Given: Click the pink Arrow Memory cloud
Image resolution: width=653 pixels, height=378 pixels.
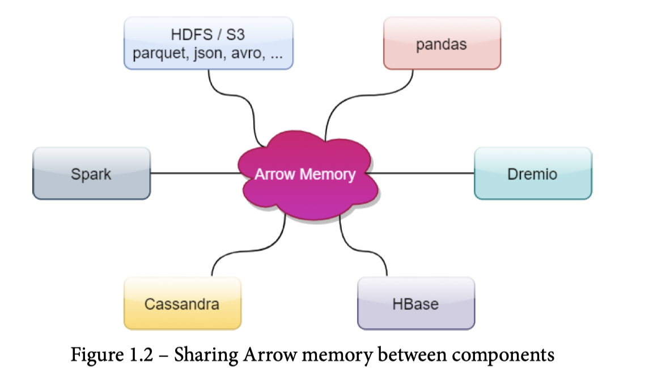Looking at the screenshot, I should [305, 174].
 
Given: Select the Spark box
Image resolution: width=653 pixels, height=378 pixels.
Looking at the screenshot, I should [91, 173].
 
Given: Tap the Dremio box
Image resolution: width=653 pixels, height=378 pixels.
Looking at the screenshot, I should [532, 173].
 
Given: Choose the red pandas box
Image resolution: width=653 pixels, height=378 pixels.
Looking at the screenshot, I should [442, 44].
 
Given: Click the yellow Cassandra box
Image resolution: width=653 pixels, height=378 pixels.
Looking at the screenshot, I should [182, 304].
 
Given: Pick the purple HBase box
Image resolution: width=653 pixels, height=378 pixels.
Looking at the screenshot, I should [415, 304].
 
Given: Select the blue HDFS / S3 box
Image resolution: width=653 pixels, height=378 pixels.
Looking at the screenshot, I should [208, 44].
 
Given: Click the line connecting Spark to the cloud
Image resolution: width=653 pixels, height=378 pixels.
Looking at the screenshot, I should [193, 173].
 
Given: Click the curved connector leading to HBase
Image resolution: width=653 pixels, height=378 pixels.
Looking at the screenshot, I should [363, 250].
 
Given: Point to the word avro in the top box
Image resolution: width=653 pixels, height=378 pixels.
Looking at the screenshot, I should [248, 55].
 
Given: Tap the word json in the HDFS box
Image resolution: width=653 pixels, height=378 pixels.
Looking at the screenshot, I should [207, 55].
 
